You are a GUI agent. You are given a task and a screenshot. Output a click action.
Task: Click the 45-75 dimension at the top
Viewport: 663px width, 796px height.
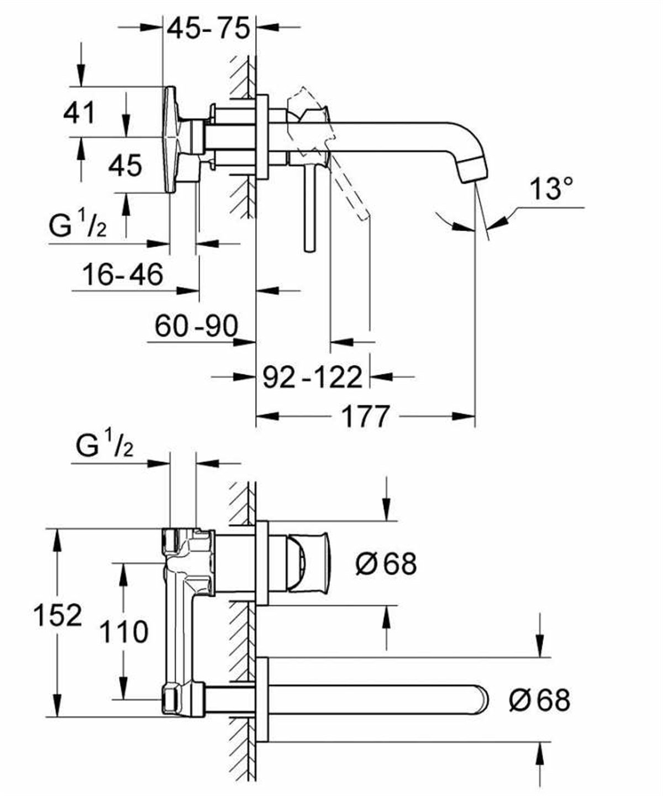click(x=209, y=28)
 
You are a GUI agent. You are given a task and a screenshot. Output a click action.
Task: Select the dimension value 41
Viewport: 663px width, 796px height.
click(x=80, y=113)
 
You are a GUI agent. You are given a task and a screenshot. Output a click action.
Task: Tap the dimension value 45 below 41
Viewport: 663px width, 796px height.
click(x=125, y=165)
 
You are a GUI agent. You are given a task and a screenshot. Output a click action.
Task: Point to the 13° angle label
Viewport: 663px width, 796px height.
click(x=551, y=190)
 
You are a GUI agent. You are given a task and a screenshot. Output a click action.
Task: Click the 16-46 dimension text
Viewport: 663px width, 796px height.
click(x=123, y=274)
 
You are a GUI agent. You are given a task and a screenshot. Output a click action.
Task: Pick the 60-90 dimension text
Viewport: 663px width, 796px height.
click(x=196, y=326)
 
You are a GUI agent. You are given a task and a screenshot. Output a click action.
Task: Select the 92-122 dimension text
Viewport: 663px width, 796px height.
click(x=312, y=377)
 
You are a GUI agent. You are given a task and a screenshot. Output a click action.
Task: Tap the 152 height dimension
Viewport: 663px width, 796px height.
click(x=57, y=615)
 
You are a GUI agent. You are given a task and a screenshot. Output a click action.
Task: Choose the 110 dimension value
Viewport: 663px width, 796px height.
click(x=124, y=632)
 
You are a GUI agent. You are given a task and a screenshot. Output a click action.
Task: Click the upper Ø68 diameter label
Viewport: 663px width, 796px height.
click(x=386, y=564)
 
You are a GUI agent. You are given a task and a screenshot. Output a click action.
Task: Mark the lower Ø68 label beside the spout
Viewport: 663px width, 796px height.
click(x=539, y=700)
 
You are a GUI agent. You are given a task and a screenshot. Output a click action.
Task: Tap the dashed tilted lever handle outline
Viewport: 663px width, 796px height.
click(x=348, y=188)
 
